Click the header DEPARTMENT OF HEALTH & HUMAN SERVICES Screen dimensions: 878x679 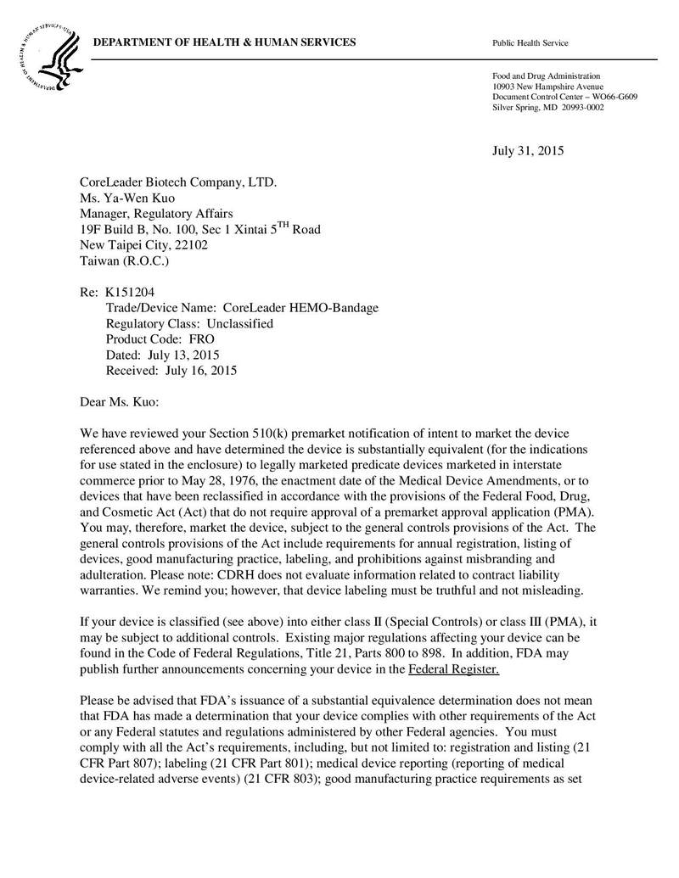[224, 43]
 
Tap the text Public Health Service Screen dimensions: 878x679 [530, 43]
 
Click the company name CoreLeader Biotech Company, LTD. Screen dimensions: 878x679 [178, 182]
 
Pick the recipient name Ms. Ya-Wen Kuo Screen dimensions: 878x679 [126, 199]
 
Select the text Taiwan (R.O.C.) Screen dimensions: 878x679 [125, 260]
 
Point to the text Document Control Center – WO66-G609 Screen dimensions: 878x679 [564, 97]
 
